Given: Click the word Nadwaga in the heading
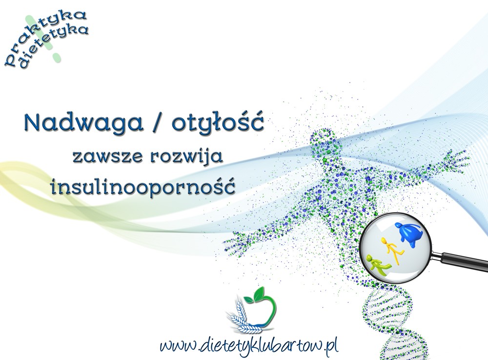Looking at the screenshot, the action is (x=83, y=123).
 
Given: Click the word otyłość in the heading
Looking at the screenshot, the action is (x=218, y=123).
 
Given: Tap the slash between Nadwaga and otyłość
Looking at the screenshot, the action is (x=158, y=122).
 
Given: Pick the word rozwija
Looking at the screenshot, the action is (x=186, y=156).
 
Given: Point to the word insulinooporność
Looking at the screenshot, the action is (x=143, y=185).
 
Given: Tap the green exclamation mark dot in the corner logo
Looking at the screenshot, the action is (x=57, y=57).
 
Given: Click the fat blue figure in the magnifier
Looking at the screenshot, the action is (x=408, y=235).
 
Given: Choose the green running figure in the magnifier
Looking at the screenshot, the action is (x=377, y=265).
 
